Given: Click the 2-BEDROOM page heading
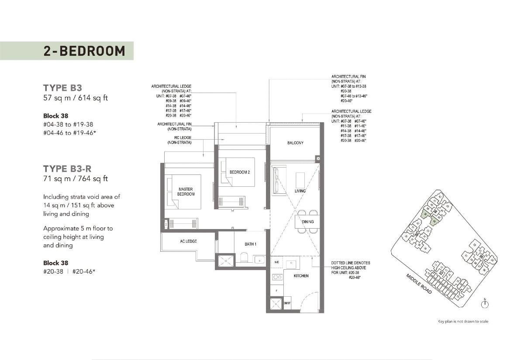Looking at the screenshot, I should [84, 51].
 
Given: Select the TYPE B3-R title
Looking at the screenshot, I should [67, 168].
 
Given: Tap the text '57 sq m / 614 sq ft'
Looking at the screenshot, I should [75, 98].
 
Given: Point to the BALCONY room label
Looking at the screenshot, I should [295, 143].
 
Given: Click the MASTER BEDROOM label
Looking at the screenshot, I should [186, 192].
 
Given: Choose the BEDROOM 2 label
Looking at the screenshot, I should [240, 172].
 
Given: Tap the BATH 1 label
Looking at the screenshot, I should [250, 244].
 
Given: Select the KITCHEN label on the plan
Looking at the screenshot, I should [301, 276].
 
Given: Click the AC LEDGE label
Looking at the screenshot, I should [188, 241].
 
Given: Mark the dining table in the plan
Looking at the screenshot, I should [307, 222].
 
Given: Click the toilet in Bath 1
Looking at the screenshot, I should [244, 259].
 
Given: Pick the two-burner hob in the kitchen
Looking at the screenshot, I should [277, 277].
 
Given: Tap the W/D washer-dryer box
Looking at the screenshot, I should [277, 262].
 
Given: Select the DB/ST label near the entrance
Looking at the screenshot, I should [287, 303].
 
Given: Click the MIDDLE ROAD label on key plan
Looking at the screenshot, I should [419, 283].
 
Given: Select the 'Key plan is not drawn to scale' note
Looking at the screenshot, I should [463, 322].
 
